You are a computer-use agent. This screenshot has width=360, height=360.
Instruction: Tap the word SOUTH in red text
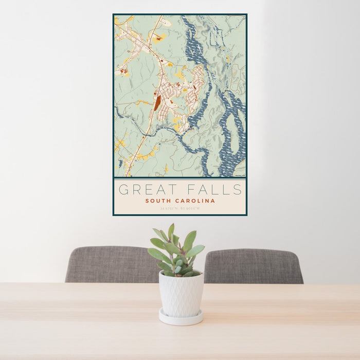(x=158, y=201)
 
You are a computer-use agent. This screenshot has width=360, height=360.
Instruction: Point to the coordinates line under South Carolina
(x=180, y=208)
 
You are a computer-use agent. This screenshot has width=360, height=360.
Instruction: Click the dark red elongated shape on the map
(x=157, y=102)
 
